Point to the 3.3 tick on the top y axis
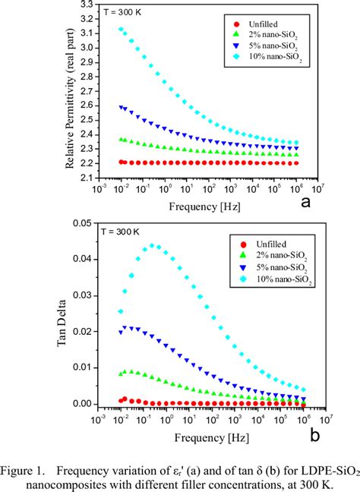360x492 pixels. tap(83, 5)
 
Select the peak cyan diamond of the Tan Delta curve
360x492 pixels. tap(153, 245)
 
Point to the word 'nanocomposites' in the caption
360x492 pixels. tap(81, 477)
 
